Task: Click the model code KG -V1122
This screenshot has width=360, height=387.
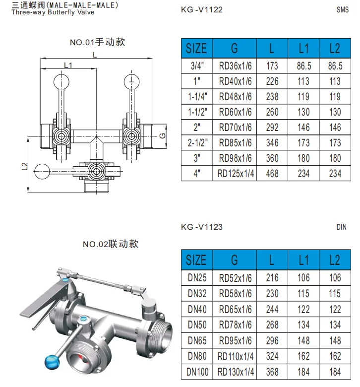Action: [x=202, y=9]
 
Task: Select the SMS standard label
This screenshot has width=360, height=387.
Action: [x=343, y=9]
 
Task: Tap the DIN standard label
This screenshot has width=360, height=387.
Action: [x=341, y=227]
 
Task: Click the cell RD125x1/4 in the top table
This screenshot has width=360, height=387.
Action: [x=235, y=174]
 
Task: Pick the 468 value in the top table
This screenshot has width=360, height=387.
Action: [x=272, y=174]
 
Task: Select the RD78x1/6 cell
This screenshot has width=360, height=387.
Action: [x=235, y=324]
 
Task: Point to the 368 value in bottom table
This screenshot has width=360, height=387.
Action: [x=272, y=371]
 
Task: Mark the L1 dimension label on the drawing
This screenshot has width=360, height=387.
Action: [x=68, y=65]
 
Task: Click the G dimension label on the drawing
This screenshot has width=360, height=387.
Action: [x=162, y=135]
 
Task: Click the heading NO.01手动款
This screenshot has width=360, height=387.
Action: [x=97, y=42]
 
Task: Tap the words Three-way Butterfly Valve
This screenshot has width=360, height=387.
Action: [x=53, y=12]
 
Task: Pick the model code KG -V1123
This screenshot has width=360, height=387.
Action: [x=202, y=227]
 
